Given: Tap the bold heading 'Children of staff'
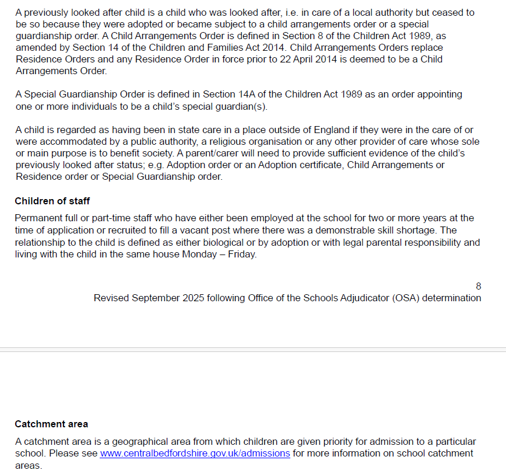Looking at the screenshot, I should coord(52,201).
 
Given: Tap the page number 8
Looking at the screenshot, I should coord(479,286).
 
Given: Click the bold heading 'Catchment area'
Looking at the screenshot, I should coord(51,424).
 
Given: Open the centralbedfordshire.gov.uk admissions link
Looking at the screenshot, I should coord(195,453).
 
